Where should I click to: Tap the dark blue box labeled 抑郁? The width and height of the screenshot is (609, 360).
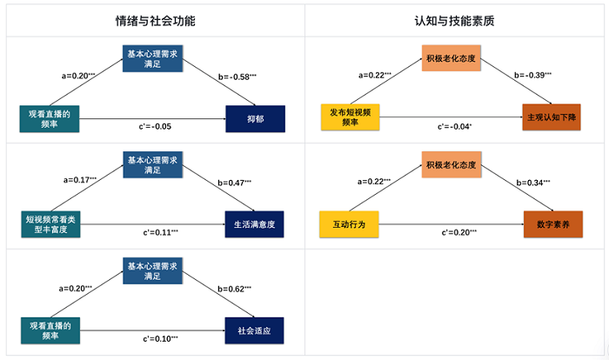click(x=255, y=118)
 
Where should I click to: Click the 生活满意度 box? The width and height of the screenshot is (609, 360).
click(x=255, y=224)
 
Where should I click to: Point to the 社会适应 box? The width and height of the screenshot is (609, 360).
click(x=255, y=330)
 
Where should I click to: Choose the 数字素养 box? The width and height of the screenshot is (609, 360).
click(x=552, y=224)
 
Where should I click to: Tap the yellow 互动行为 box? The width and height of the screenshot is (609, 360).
click(x=350, y=224)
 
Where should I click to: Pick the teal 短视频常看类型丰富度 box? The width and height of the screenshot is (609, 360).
click(x=50, y=224)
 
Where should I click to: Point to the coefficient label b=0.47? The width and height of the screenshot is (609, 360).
click(x=233, y=183)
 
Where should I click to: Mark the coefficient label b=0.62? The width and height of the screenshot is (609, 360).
click(x=233, y=289)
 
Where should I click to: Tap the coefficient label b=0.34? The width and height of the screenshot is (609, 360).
click(x=533, y=183)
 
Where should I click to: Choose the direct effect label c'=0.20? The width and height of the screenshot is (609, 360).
click(x=458, y=233)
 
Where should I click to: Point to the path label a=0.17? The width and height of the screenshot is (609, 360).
click(x=80, y=180)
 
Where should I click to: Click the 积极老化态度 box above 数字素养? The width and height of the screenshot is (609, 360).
click(x=452, y=164)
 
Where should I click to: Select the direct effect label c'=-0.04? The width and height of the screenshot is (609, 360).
click(x=454, y=127)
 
